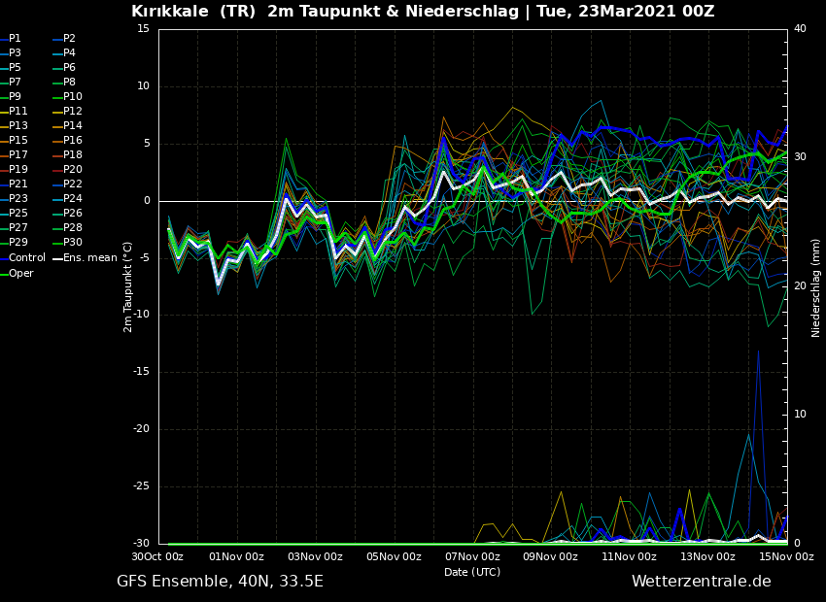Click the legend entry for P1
click(15, 38)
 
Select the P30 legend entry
click(72, 242)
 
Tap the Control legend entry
click(26, 257)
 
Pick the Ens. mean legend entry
click(89, 257)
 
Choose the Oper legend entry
click(21, 273)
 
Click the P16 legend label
click(72, 140)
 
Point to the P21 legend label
click(18, 184)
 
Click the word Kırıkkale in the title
click(168, 12)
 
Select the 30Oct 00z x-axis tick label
click(157, 556)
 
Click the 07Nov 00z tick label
click(472, 556)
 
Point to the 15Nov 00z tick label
click(786, 556)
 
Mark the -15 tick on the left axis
click(142, 372)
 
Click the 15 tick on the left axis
click(144, 29)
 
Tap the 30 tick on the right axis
click(800, 156)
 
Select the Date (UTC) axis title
click(472, 572)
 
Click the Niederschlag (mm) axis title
click(816, 287)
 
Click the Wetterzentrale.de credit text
click(701, 582)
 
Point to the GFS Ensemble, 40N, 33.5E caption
click(220, 582)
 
